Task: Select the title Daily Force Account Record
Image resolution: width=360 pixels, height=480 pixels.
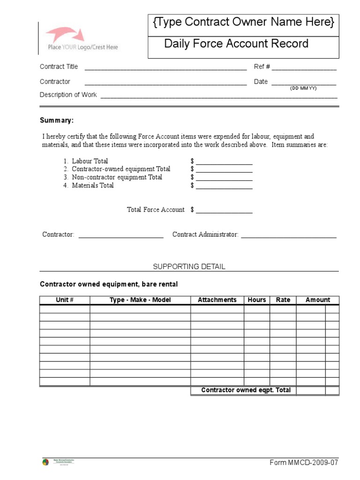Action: [236, 44]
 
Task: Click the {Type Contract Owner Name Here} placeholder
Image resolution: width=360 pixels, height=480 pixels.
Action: [243, 22]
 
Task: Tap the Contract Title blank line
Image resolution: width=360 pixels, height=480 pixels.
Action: [165, 68]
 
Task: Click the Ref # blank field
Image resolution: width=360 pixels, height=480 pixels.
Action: [304, 68]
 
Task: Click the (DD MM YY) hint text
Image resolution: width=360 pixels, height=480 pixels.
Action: [303, 89]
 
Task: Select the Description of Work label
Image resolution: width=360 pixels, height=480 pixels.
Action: [68, 95]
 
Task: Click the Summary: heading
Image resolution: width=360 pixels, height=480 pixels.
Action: [57, 120]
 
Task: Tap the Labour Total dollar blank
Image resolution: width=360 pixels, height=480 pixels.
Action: [224, 163]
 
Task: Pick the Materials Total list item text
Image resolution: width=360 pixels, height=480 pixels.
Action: [92, 185]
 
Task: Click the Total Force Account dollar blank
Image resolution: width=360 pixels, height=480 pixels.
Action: [224, 211]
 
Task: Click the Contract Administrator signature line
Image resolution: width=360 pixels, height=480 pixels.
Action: [288, 236]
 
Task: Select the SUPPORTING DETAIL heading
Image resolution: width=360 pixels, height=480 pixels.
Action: [189, 266]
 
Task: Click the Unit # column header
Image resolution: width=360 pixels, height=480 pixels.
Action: [65, 300]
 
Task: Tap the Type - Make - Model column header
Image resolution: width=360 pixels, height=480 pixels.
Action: [140, 300]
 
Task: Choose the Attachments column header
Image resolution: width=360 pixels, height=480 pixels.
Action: [217, 300]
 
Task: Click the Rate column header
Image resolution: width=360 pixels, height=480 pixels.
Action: [283, 300]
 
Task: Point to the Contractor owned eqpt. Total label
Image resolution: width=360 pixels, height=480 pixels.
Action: [246, 390]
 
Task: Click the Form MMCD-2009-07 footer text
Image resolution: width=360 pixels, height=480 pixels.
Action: [303, 463]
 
